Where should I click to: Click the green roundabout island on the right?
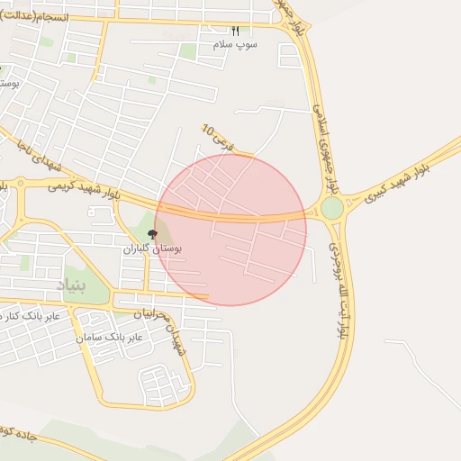click(332, 208)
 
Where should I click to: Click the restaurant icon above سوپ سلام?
click(236, 31)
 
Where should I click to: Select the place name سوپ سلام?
click(235, 43)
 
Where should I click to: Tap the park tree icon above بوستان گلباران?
click(151, 233)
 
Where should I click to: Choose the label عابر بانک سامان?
click(113, 337)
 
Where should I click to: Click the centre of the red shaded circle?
click(230, 230)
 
